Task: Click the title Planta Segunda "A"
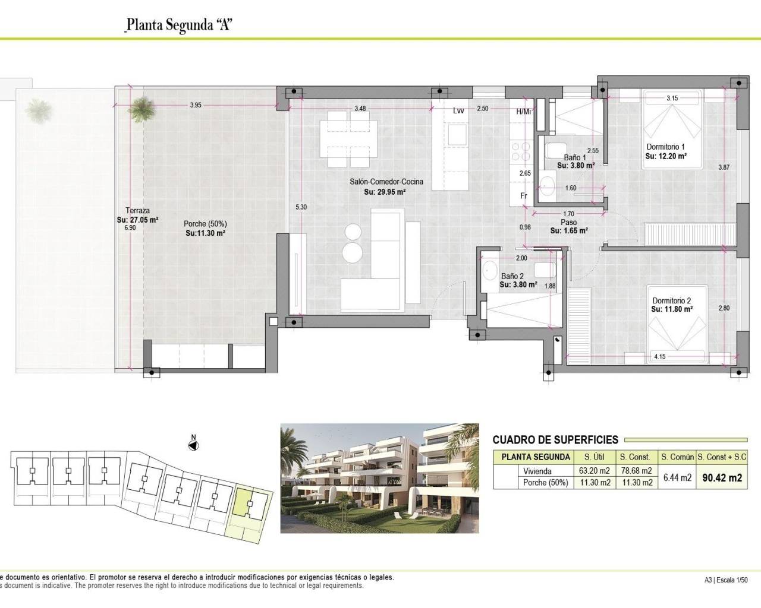click(x=178, y=26)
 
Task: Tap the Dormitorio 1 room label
click(x=665, y=147)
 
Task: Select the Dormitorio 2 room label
click(x=671, y=300)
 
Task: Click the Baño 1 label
click(x=575, y=158)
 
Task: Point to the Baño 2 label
click(x=512, y=276)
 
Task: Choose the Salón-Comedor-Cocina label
click(x=386, y=182)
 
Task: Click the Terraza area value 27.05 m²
click(x=137, y=220)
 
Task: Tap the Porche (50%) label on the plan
click(x=205, y=224)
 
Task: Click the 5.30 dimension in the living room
click(x=301, y=207)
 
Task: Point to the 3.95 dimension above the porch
click(x=196, y=105)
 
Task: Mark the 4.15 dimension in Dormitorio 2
click(x=659, y=357)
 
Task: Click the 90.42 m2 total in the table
click(x=722, y=477)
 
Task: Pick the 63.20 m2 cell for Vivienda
click(x=595, y=471)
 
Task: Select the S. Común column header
click(x=677, y=457)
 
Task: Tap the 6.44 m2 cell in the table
click(x=677, y=477)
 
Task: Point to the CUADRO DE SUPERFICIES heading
click(x=555, y=440)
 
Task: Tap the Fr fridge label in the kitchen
click(x=524, y=196)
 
